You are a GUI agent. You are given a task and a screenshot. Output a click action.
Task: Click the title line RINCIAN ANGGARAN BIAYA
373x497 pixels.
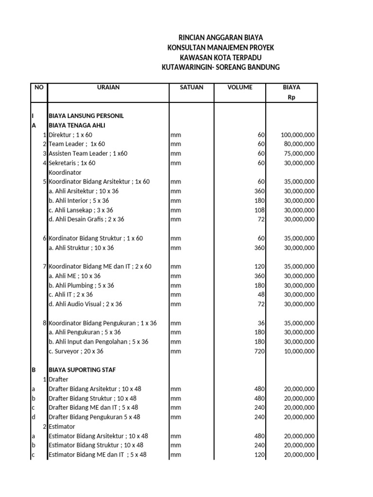220,37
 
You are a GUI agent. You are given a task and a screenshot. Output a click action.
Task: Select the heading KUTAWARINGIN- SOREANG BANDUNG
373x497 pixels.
220,67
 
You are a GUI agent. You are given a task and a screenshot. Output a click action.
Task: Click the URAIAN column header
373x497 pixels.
107,87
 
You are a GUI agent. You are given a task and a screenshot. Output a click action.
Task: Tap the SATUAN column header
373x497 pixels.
191,87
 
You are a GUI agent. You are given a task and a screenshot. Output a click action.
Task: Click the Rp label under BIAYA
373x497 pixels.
291,97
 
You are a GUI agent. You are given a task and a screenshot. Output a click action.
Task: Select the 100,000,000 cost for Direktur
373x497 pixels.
298,134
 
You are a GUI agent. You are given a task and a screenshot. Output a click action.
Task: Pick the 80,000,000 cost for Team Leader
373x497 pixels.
299,144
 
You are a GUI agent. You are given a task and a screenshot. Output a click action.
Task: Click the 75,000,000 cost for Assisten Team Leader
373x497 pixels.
299,153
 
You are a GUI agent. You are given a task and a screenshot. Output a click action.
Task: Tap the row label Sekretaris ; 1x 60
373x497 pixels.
72,163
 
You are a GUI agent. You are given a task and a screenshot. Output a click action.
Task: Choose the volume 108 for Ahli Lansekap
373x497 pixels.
259,210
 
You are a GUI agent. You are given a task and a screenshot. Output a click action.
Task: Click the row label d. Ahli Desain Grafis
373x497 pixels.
86,219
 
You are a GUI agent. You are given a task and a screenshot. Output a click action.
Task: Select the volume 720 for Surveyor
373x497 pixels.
259,351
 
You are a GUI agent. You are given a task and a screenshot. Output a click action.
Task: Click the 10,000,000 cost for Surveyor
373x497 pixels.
299,351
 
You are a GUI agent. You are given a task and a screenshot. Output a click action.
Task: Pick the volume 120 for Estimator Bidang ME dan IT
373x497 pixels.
259,455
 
